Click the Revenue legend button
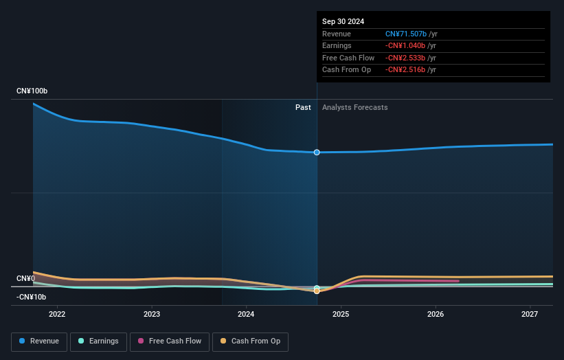coord(39,341)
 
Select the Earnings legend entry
coord(98,341)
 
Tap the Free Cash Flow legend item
coord(170,341)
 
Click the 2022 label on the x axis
coord(57,315)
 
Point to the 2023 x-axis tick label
coord(152,315)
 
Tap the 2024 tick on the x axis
coord(246,315)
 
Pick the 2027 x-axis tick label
coord(530,315)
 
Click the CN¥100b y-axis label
coord(32,91)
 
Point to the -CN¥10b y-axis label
coord(31,297)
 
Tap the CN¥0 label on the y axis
coord(25,278)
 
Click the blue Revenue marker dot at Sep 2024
coord(317,152)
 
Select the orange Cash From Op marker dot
coord(317,291)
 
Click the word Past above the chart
coord(303,107)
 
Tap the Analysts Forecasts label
coord(354,107)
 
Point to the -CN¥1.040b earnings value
coord(411,45)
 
